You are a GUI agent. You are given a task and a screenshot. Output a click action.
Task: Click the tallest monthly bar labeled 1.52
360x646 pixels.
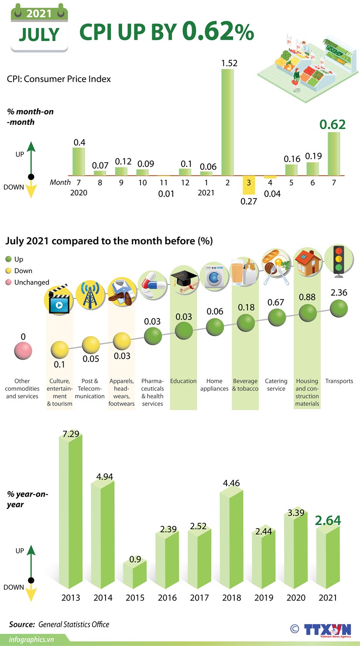227,122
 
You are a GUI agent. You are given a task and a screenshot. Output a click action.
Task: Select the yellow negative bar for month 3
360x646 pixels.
249,186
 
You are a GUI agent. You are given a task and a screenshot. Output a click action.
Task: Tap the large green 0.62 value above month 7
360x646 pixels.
333,125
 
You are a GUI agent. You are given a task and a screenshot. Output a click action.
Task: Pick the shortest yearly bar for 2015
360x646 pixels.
134,574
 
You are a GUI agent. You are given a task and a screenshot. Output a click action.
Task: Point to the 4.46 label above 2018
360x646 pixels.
231,483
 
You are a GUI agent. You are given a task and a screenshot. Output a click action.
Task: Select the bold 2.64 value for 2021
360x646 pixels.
328,520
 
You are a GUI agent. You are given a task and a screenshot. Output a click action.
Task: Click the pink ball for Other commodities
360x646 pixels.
23,351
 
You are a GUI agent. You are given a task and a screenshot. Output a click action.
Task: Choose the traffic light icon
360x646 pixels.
338,261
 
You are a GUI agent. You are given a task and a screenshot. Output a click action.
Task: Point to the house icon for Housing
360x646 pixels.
307,263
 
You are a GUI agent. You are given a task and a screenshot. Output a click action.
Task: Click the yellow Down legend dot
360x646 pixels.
8,271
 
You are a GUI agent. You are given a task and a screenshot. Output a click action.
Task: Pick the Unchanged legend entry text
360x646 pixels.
31,282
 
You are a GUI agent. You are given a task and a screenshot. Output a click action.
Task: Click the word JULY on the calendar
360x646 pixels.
39,35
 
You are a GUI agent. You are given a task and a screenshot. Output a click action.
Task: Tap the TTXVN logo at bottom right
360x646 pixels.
327,630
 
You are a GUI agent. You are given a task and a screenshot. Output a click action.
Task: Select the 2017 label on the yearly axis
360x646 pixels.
199,598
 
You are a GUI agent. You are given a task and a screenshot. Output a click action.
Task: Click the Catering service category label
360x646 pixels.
276,385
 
